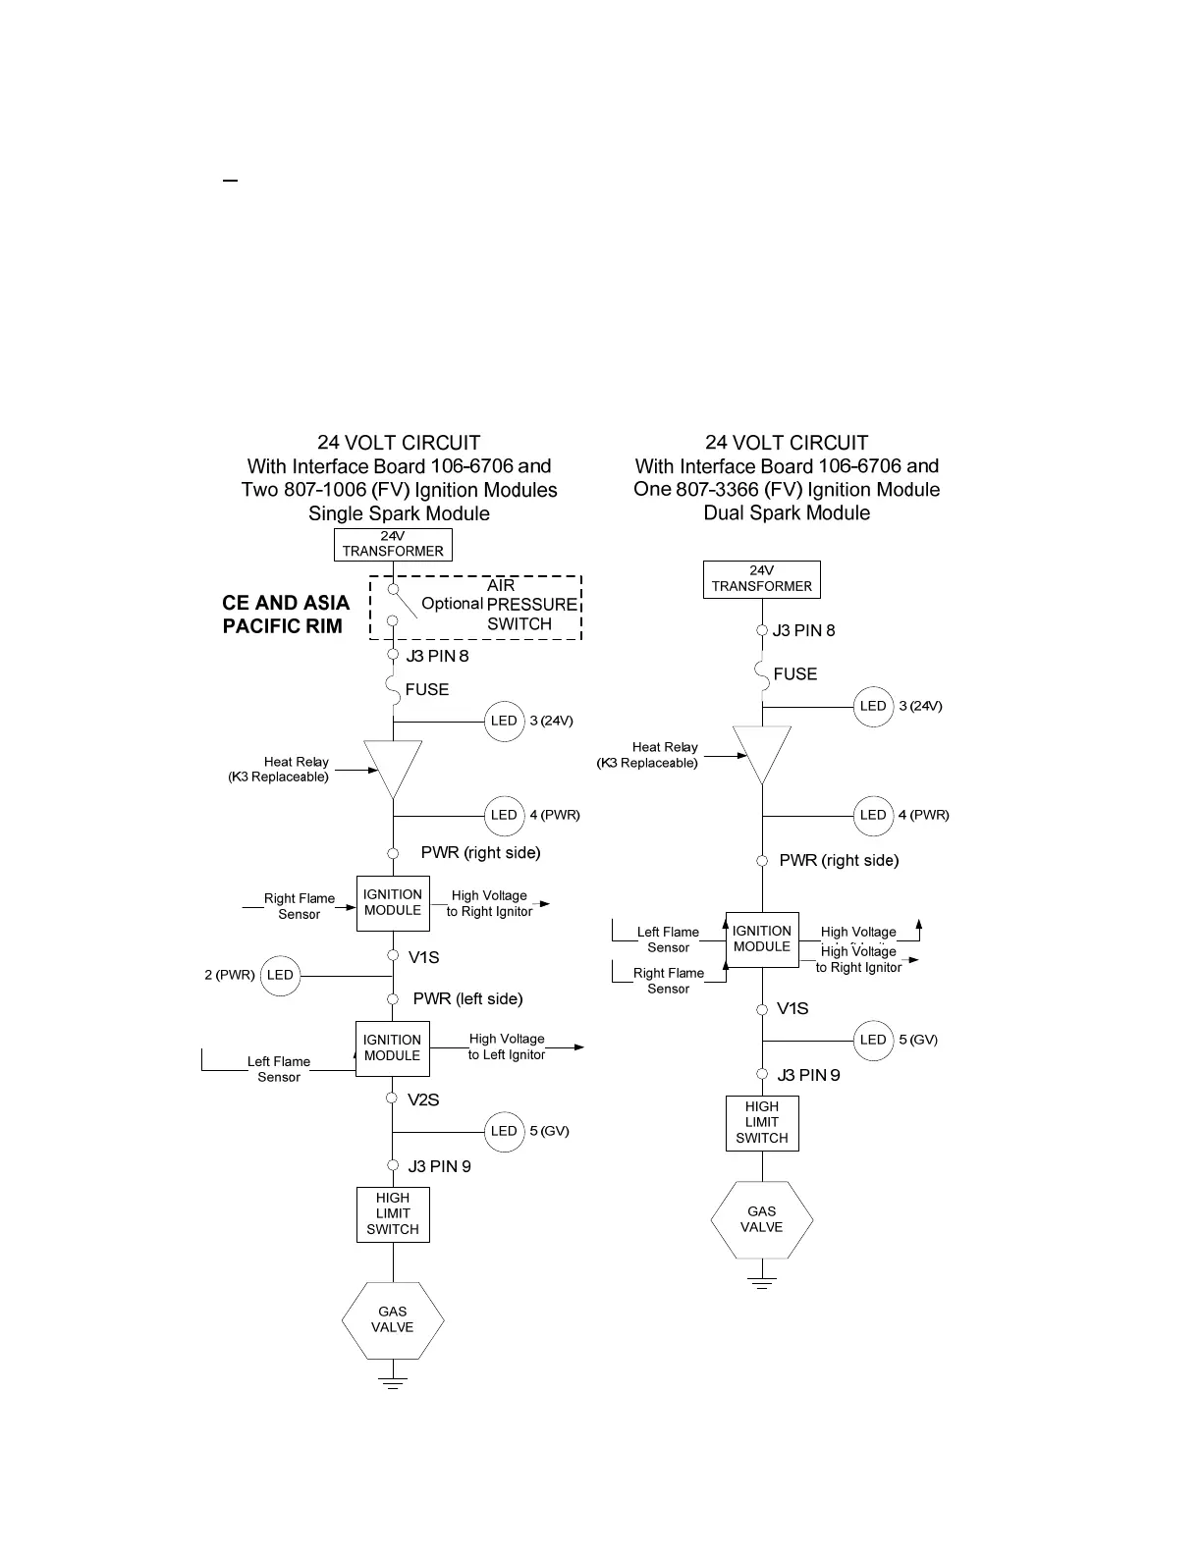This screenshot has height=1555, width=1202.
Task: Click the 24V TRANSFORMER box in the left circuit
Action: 393,544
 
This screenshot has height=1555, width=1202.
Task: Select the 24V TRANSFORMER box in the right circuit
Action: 762,579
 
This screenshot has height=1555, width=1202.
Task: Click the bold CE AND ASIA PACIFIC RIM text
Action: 286,615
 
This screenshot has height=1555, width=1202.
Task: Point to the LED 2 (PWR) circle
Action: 280,976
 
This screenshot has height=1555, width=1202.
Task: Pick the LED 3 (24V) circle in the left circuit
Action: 504,722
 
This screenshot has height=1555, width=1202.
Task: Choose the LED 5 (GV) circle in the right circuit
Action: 873,1041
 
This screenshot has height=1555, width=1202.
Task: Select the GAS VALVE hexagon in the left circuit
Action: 393,1320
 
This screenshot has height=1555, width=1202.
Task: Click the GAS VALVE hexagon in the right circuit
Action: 762,1220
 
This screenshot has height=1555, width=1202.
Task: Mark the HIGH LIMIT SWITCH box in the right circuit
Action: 762,1123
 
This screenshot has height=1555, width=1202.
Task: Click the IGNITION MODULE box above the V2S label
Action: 393,1048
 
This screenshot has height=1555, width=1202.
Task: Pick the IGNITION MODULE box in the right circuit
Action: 762,939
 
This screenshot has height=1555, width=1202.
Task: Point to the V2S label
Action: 423,1100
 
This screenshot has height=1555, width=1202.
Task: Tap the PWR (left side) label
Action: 467,999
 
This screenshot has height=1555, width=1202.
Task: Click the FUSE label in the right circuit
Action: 795,674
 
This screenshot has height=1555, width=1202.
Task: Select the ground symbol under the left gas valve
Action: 393,1383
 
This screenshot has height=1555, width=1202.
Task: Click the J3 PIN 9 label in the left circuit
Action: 439,1167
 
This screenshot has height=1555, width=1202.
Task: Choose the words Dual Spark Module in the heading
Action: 787,513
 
